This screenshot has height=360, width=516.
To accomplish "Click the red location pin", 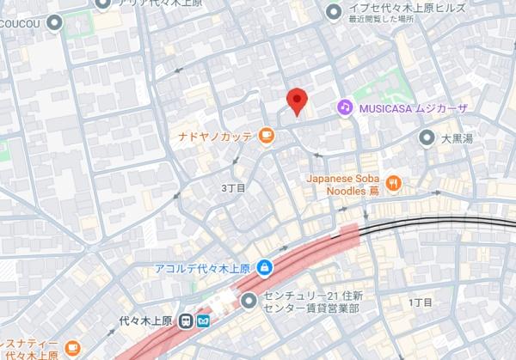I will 297,100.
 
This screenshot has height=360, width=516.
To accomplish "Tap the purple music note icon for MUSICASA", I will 344,107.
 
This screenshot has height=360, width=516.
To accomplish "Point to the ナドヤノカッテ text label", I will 216,136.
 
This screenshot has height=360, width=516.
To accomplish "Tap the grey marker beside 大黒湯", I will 426,137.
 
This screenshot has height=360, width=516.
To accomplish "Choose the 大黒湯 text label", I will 458,137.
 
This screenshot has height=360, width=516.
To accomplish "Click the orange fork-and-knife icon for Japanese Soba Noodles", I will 394,181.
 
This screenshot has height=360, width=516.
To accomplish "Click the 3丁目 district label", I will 233,186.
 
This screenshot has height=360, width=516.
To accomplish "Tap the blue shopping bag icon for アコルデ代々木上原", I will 265,267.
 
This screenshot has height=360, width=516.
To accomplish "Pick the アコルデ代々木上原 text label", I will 203,267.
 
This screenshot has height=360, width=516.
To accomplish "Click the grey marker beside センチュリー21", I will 249,300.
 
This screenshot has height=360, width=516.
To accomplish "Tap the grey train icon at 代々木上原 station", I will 186,320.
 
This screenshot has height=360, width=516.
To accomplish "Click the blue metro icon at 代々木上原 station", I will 203,320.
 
